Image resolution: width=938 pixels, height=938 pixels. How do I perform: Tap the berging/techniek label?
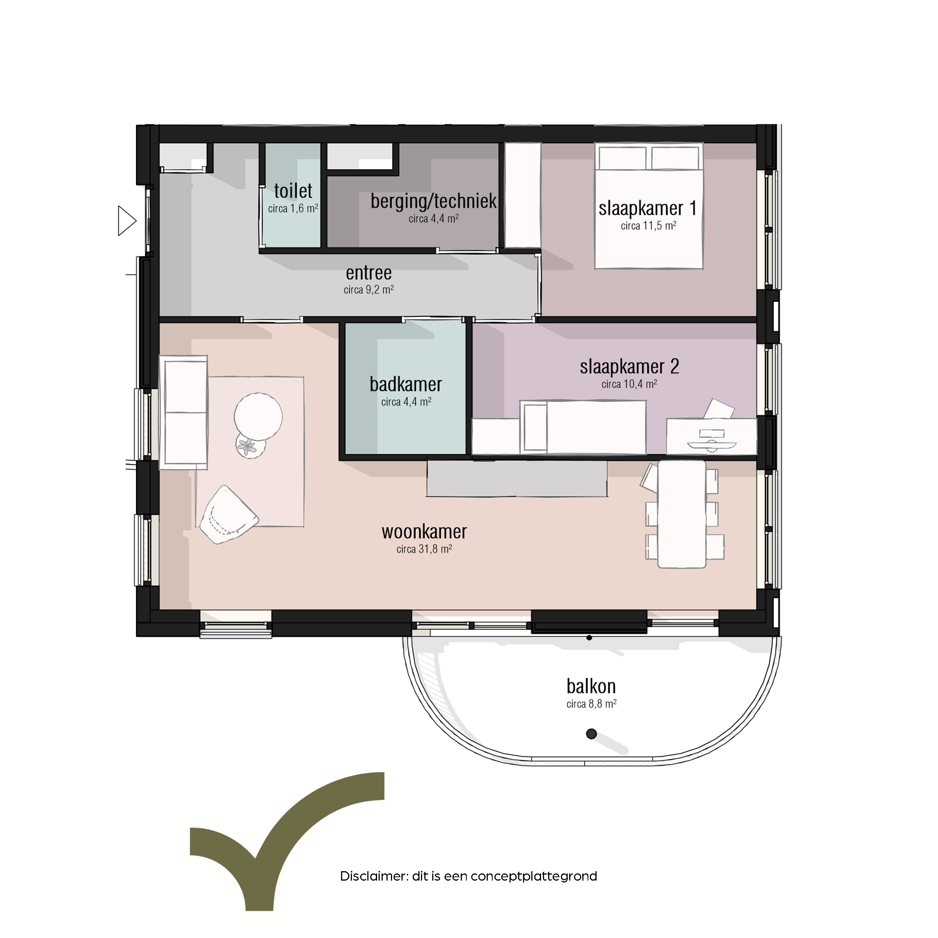(x=434, y=200)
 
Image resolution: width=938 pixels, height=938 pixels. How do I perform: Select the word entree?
(x=368, y=273)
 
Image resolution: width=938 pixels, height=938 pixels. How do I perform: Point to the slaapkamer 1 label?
(x=648, y=208)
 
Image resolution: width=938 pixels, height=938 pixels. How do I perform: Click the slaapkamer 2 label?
(x=629, y=367)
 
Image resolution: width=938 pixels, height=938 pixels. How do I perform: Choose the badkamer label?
(x=406, y=384)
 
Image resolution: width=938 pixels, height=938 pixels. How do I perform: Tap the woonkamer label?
(x=424, y=532)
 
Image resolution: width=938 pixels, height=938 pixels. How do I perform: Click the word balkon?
(x=591, y=686)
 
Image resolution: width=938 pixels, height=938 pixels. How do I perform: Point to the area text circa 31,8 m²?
(x=424, y=549)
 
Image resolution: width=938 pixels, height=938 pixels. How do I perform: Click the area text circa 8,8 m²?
(x=591, y=704)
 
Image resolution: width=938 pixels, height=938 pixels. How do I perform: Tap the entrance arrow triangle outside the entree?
(x=127, y=221)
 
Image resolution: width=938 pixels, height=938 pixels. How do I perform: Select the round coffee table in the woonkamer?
(x=258, y=416)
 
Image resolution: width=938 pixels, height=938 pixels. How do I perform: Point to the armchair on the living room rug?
(x=228, y=515)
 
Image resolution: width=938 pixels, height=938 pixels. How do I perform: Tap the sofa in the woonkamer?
(x=183, y=412)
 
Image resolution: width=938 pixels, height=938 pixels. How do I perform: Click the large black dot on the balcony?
(x=591, y=734)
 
